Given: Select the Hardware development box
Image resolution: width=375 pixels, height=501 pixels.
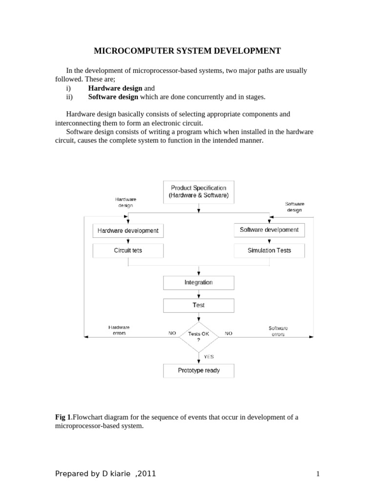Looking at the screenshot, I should pyautogui.click(x=128, y=230).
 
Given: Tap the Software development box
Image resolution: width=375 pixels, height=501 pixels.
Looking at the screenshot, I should pyautogui.click(x=269, y=230).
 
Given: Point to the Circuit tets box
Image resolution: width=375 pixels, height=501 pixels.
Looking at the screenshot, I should pyautogui.click(x=128, y=250).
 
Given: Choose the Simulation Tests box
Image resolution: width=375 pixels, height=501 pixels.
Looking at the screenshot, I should pyautogui.click(x=269, y=250).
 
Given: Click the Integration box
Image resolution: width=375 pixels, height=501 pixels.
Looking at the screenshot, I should pyautogui.click(x=198, y=283).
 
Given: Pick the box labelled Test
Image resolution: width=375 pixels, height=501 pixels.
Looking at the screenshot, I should pyautogui.click(x=198, y=305).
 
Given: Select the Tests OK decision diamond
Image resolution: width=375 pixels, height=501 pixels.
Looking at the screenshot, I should pyautogui.click(x=198, y=336).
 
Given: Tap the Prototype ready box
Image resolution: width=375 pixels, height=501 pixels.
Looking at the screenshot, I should pyautogui.click(x=198, y=370).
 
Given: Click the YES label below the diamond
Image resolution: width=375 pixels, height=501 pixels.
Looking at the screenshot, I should pyautogui.click(x=208, y=357).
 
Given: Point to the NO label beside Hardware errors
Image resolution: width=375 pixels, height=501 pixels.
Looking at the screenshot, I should pyautogui.click(x=172, y=333).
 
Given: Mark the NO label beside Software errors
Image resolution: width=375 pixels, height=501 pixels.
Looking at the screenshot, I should pyautogui.click(x=229, y=333).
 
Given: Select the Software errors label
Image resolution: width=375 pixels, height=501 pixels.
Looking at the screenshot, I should pyautogui.click(x=278, y=331).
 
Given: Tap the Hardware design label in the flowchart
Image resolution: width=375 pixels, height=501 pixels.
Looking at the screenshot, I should pyautogui.click(x=125, y=203).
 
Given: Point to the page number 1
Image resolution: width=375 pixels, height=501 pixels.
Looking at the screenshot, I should pyautogui.click(x=317, y=474).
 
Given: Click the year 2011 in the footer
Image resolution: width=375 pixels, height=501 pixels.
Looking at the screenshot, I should pyautogui.click(x=146, y=473).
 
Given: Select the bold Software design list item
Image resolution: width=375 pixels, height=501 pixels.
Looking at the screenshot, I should pyautogui.click(x=113, y=97).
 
